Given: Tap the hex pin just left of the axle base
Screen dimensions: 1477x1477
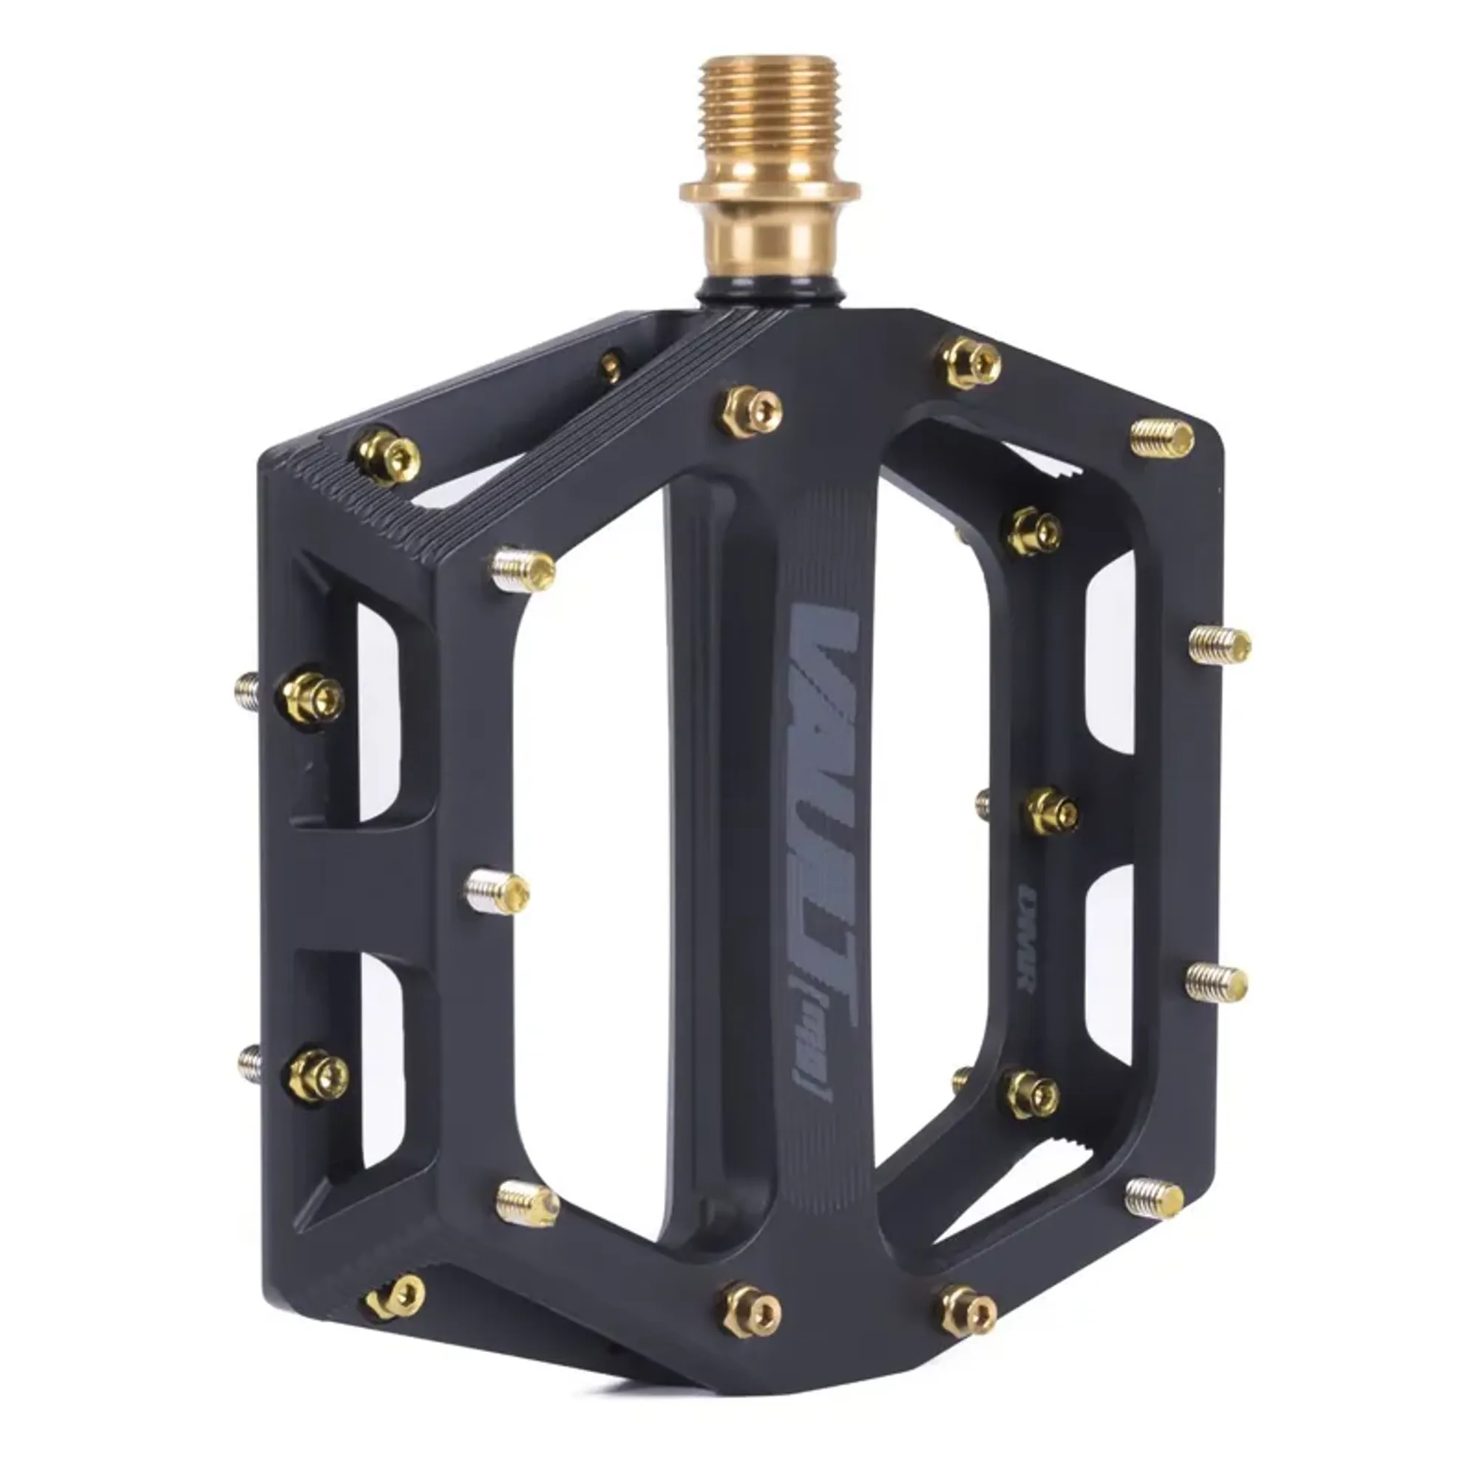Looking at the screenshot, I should coord(752,411).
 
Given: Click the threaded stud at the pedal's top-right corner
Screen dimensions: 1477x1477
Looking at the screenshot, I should coord(1162,438).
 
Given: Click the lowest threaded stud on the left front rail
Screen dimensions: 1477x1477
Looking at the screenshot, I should coord(527,1203).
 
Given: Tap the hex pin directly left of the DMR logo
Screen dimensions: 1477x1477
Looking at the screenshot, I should coord(1052,812).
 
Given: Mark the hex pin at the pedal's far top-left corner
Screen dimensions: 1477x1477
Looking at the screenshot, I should coord(388,457).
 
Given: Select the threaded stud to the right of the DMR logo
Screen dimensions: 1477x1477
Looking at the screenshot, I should coord(1216,982).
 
